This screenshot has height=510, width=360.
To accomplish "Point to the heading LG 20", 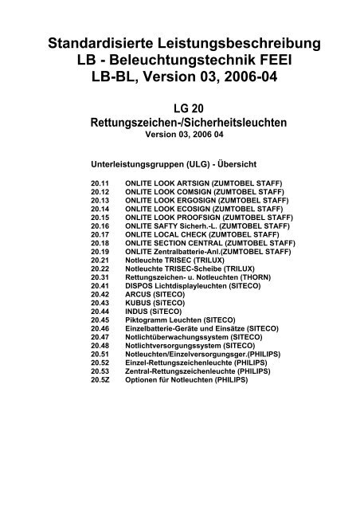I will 180,110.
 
